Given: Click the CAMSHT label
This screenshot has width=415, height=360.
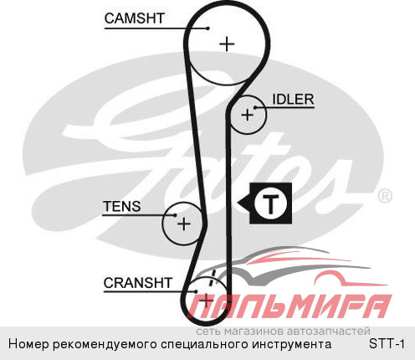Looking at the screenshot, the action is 134,18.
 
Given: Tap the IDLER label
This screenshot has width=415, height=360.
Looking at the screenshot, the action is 293,100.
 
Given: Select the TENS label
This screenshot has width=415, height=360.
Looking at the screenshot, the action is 122,207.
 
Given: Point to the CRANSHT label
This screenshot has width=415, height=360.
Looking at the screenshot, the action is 138,283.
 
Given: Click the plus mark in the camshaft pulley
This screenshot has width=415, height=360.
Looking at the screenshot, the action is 227,44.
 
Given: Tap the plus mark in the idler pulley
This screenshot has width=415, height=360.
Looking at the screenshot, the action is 247,115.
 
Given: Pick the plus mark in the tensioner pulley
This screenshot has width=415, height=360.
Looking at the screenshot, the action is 184,224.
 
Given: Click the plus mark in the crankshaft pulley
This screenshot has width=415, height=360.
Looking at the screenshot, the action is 207,301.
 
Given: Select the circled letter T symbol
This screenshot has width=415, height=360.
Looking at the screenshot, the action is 270,203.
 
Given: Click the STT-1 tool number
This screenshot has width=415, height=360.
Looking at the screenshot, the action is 387,343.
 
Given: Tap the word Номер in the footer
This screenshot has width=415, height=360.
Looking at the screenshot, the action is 28,344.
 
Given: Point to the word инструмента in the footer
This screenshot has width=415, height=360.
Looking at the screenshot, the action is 292,344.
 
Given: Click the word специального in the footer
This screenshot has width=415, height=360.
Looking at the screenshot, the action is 205,344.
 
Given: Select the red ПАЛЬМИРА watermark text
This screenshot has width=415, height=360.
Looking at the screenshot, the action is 290,306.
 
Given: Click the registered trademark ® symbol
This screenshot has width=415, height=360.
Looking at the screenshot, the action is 385,196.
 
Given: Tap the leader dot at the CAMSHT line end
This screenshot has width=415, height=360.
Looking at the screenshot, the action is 207,28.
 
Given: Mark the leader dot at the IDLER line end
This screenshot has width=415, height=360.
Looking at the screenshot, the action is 255,107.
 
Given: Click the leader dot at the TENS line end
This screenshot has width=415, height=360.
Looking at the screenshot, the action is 175,215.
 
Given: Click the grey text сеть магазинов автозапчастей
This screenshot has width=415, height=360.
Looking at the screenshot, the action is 283,331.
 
